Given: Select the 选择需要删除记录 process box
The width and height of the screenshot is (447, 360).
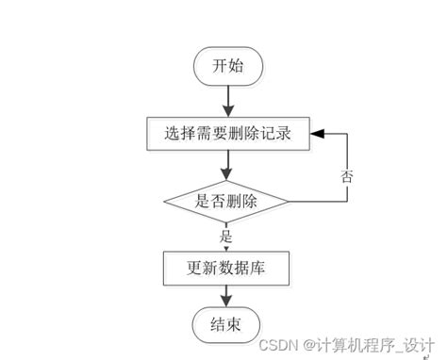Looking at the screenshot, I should click(226, 133).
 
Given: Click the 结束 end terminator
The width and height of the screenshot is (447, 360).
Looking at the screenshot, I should click(226, 326).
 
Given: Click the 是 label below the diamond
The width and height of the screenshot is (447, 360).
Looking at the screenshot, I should click(225, 236).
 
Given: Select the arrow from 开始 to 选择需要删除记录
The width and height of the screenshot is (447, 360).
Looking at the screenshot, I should click(226, 99).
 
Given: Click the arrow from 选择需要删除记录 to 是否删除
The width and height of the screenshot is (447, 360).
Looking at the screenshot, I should click(226, 164).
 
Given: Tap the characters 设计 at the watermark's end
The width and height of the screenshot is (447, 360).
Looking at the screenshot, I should click(419, 346).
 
